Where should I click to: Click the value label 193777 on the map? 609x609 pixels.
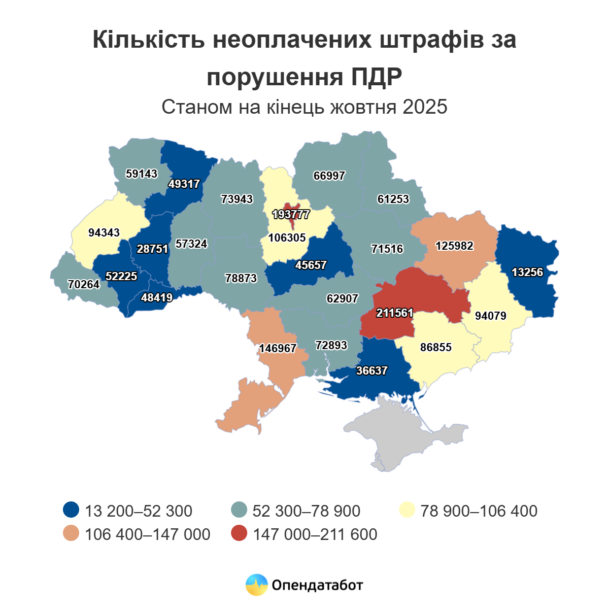[291, 214]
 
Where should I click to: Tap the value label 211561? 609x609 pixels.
[394, 313]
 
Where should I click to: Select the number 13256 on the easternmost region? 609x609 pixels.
[527, 272]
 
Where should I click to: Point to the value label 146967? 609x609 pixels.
[278, 349]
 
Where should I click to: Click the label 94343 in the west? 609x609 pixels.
[104, 232]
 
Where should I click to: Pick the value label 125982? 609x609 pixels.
[454, 246]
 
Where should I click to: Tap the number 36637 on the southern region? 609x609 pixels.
[371, 371]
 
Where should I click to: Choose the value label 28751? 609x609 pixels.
[152, 249]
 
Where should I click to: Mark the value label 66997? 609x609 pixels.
[329, 176]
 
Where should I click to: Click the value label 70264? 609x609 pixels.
[84, 284]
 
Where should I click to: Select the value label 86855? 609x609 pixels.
[436, 348]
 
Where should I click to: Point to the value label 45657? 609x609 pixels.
[311, 265]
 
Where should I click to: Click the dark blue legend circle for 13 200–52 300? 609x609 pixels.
[71, 510]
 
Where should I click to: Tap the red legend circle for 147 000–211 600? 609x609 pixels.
[239, 534]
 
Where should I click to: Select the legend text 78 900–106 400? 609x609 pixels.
[479, 511]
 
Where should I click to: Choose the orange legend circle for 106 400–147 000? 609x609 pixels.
[71, 534]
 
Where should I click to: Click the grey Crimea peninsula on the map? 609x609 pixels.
[401, 436]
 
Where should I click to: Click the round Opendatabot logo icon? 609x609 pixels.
[256, 585]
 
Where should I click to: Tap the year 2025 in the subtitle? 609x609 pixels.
[425, 107]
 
